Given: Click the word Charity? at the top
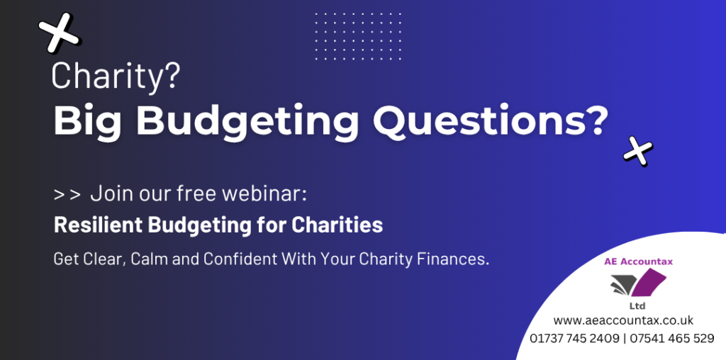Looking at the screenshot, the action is point(116,76).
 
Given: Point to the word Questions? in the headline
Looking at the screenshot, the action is point(489,120).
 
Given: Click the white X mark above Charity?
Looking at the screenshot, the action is point(59,33).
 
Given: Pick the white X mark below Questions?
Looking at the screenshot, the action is point(638,151).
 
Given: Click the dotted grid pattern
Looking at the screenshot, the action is point(358,36).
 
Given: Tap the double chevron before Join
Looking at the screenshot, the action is point(67,195).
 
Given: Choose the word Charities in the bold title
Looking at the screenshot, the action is point(337,225).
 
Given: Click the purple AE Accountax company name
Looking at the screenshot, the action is point(638,262).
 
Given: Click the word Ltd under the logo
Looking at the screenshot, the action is point(637,306).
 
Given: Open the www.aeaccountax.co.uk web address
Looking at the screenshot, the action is point(623,320).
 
